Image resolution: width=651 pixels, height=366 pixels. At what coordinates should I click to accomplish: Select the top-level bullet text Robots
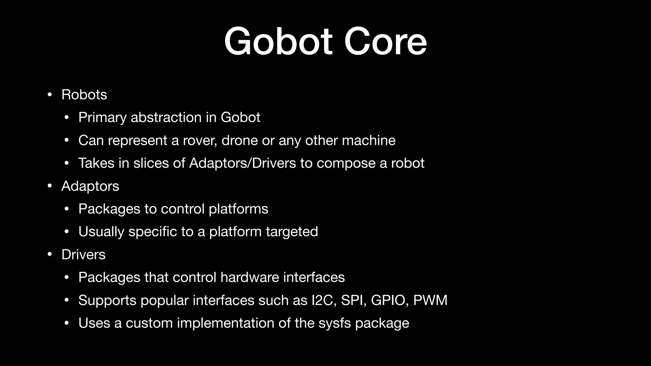click(84, 95)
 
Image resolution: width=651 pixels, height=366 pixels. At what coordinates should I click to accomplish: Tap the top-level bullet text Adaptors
click(90, 186)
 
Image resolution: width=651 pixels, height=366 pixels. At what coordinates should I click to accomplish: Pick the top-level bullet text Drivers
click(83, 255)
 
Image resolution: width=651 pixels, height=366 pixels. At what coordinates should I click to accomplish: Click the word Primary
click(102, 118)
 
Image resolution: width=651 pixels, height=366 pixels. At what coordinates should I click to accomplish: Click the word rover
click(199, 140)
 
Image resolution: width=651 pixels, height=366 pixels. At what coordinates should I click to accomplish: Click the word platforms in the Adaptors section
click(238, 209)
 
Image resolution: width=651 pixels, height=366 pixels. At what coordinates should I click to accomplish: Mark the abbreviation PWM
click(430, 300)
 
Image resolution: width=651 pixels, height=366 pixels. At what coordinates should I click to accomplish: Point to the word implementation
click(225, 323)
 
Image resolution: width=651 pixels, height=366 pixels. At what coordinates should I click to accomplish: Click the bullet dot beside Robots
click(49, 95)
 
